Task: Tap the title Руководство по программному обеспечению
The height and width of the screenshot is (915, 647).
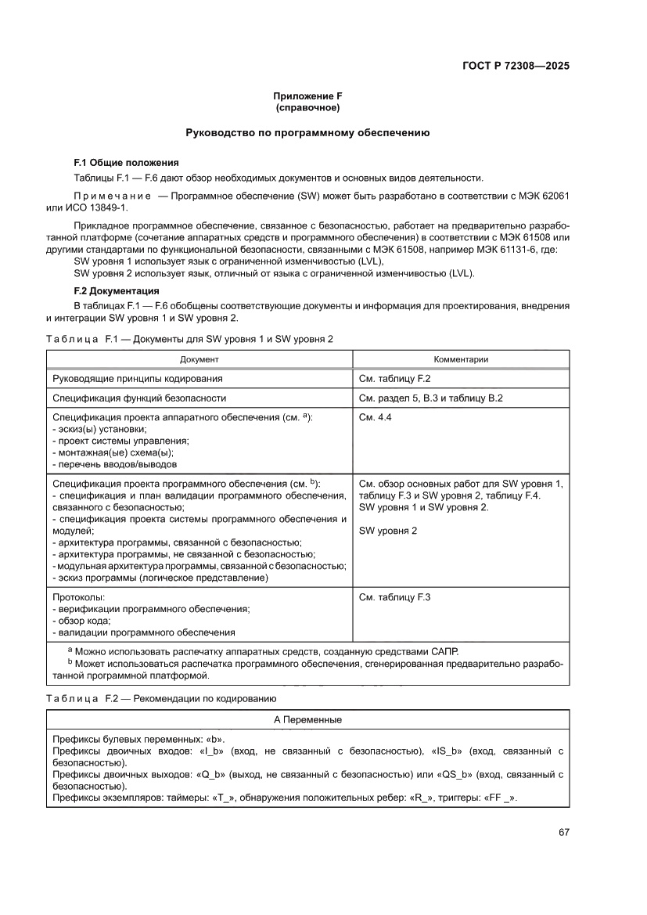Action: coord(307,133)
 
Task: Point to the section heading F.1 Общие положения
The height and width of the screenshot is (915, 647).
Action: coord(126,163)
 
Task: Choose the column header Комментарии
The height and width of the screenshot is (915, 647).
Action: coord(461,359)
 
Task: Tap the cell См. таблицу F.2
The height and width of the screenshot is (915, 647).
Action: coord(395,379)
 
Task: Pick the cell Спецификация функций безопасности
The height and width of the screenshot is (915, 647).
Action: coord(139,398)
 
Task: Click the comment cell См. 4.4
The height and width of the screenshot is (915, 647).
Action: coord(375,418)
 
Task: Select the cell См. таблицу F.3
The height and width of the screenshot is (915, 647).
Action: coord(395,597)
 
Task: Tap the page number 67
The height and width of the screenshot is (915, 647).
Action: coord(563,832)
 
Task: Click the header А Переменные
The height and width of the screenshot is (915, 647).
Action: coord(307,719)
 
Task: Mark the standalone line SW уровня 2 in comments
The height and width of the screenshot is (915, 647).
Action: coord(388,531)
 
